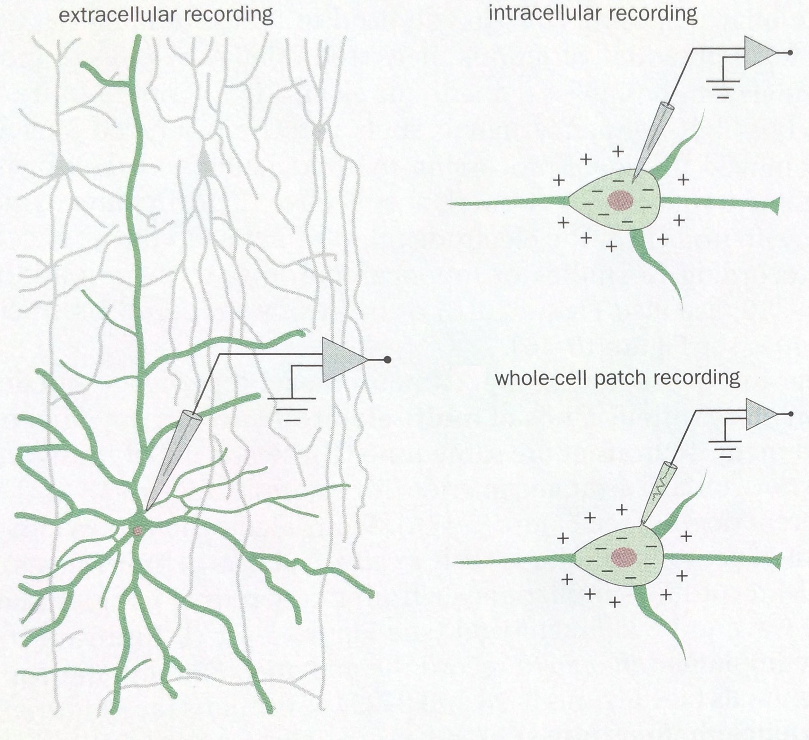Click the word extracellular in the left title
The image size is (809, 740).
click(x=115, y=15)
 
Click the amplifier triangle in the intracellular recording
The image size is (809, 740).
click(x=758, y=53)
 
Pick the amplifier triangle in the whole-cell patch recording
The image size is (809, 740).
click(x=759, y=414)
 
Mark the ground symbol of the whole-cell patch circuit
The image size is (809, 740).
click(x=725, y=448)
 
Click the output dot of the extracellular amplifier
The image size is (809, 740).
click(x=387, y=360)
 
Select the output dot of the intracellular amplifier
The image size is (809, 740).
click(x=790, y=53)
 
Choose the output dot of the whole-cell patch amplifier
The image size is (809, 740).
click(x=791, y=414)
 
